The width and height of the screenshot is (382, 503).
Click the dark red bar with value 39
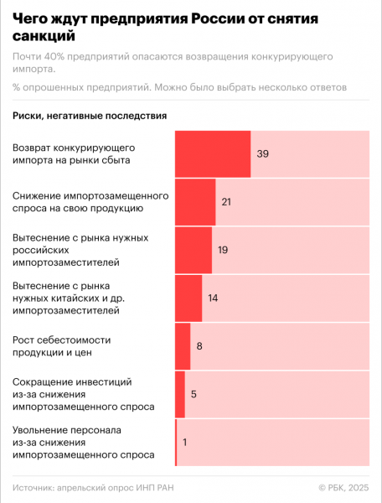[x=213, y=154]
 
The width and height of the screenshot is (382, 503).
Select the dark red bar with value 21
[x=194, y=202]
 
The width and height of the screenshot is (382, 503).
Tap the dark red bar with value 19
[x=193, y=250]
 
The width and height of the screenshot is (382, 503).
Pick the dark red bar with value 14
[x=188, y=298]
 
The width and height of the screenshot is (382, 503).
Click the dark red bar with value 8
[x=183, y=345]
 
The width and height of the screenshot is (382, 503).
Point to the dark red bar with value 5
[x=179, y=393]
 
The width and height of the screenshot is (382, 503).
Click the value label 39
[x=263, y=154]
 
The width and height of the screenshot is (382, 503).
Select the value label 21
[x=226, y=202]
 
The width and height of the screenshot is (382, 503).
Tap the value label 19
[x=223, y=250]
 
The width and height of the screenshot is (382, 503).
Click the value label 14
[x=213, y=298]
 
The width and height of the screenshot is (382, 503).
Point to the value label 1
[x=185, y=441]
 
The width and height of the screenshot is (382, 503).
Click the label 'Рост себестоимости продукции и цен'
[x=61, y=345]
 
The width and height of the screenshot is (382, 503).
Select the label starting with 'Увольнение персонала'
[x=83, y=442]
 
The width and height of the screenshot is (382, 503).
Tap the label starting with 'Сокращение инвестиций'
[x=83, y=394]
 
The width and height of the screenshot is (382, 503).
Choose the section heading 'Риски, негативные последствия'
[x=90, y=115]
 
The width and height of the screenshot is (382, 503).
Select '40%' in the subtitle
[x=57, y=56]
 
